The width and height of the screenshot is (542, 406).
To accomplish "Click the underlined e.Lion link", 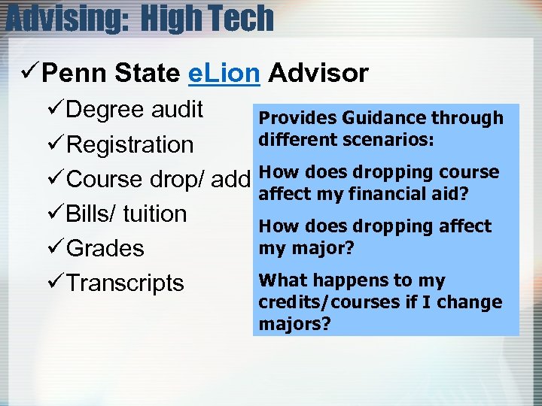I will pyautogui.click(x=223, y=73).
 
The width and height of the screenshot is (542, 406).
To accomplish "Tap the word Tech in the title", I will pyautogui.click(x=240, y=18).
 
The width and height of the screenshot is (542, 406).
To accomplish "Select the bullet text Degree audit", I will pyautogui.click(x=135, y=110).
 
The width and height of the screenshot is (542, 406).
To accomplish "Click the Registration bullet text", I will pyautogui.click(x=130, y=144).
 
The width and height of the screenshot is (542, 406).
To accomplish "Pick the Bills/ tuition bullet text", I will pyautogui.click(x=126, y=214).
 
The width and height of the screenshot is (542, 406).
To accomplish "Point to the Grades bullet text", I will pyautogui.click(x=105, y=248).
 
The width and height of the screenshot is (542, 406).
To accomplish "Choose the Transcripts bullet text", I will pyautogui.click(x=125, y=283).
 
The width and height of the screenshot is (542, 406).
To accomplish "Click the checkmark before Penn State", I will pyautogui.click(x=29, y=73).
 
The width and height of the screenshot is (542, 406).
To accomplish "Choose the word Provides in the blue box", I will pyautogui.click(x=297, y=118).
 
